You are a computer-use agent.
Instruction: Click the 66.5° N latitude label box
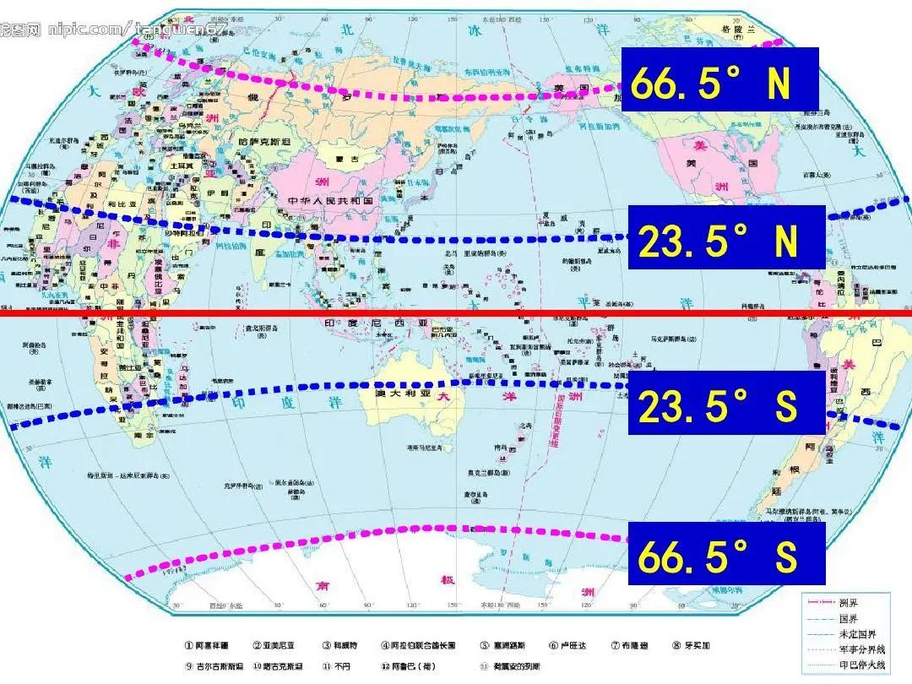pyautogui.click(x=719, y=79)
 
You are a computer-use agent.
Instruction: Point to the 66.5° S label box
pyautogui.click(x=726, y=553)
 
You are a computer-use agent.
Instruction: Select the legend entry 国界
pyautogui.click(x=848, y=618)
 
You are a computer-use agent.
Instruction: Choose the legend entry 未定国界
pyautogui.click(x=852, y=633)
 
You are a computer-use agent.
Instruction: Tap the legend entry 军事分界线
pyautogui.click(x=857, y=649)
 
